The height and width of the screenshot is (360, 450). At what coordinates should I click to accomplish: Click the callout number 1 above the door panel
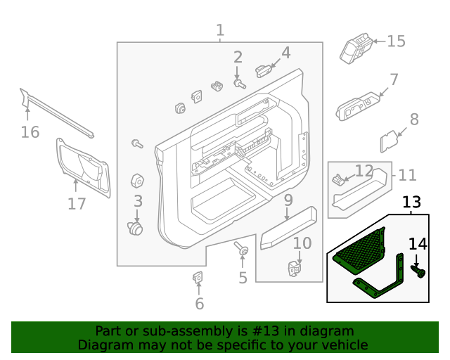tap(220, 30)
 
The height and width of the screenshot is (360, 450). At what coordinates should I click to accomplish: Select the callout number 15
tap(396, 41)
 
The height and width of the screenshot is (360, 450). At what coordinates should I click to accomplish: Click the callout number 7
tap(394, 79)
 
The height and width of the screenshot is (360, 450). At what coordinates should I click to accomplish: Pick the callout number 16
tap(30, 131)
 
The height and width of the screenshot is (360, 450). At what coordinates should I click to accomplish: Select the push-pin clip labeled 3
tap(134, 228)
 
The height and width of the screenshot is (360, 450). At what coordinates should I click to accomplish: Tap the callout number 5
tap(243, 278)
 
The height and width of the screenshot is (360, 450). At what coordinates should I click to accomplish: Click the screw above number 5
tap(243, 250)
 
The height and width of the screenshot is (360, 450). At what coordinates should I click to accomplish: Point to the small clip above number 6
tap(198, 278)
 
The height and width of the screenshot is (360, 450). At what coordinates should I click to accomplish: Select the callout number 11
tap(407, 174)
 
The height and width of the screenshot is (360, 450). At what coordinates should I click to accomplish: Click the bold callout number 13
tap(411, 202)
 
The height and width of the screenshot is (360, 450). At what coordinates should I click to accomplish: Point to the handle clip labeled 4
tap(263, 70)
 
